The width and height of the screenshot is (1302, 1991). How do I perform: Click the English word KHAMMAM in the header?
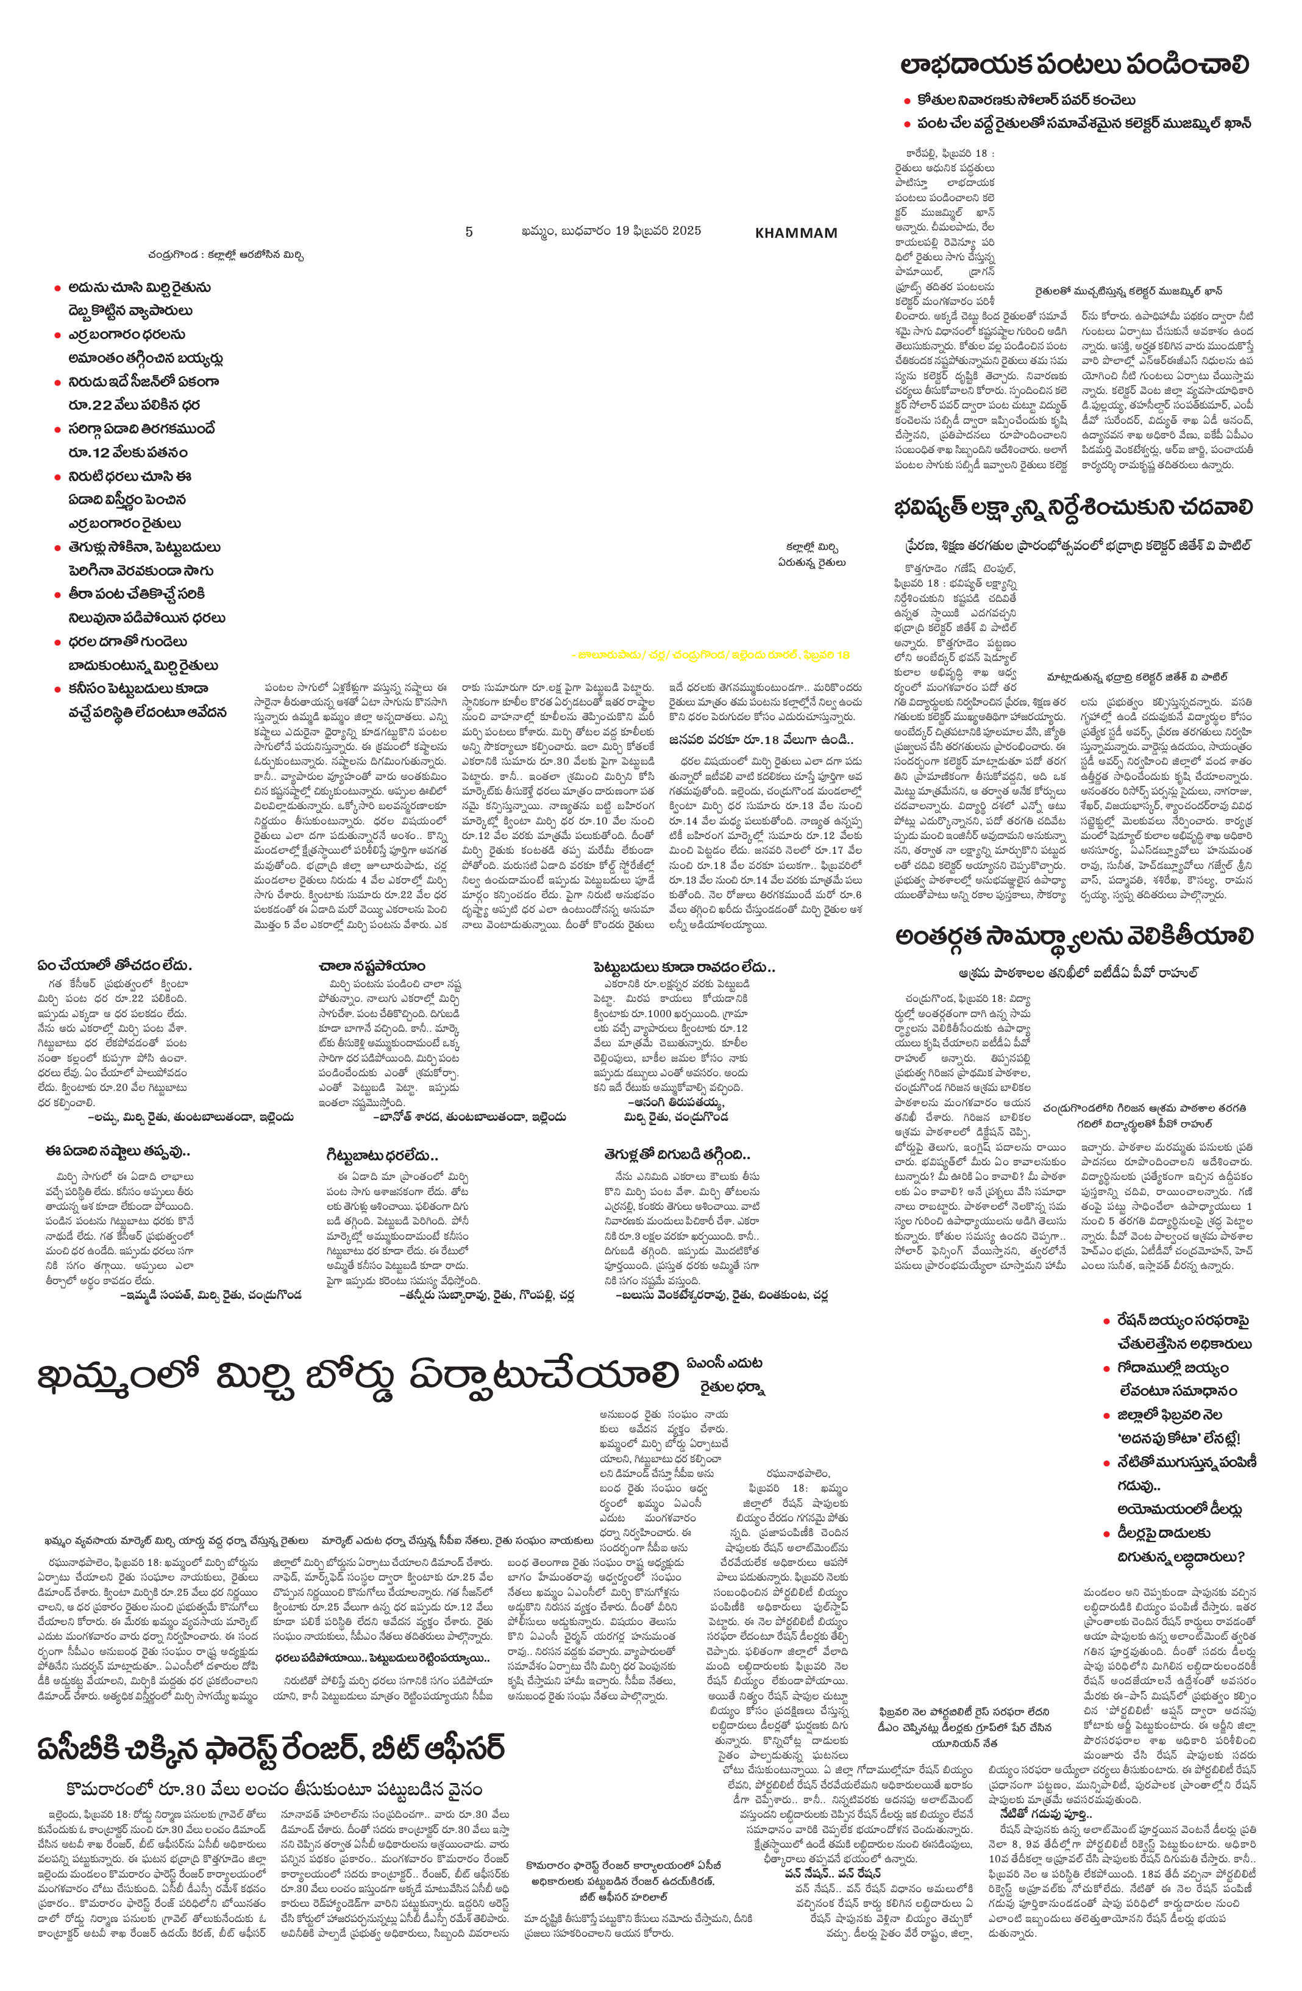point(795,232)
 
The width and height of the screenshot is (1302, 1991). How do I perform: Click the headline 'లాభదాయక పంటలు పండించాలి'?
point(1075,65)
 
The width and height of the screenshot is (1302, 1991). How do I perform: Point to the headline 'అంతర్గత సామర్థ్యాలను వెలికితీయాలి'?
point(1073,936)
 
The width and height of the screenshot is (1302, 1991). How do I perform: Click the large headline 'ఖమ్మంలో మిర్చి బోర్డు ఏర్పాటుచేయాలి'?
point(356,1375)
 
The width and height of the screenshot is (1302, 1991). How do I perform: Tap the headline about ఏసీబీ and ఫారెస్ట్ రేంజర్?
point(271,1748)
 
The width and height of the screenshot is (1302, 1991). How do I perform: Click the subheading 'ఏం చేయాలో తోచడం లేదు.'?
point(115,965)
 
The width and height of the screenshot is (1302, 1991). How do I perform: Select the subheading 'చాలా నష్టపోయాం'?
point(371,966)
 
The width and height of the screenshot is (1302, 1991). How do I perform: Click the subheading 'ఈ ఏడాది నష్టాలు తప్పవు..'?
point(118,1152)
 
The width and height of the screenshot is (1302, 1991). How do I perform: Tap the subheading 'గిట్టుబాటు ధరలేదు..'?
point(382,1156)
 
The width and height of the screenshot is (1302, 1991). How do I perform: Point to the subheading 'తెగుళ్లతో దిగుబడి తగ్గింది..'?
point(677,1154)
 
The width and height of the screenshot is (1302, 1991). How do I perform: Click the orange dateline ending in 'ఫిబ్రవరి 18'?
point(711,655)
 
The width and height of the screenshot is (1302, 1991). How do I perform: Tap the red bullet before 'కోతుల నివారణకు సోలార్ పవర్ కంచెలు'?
point(907,101)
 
